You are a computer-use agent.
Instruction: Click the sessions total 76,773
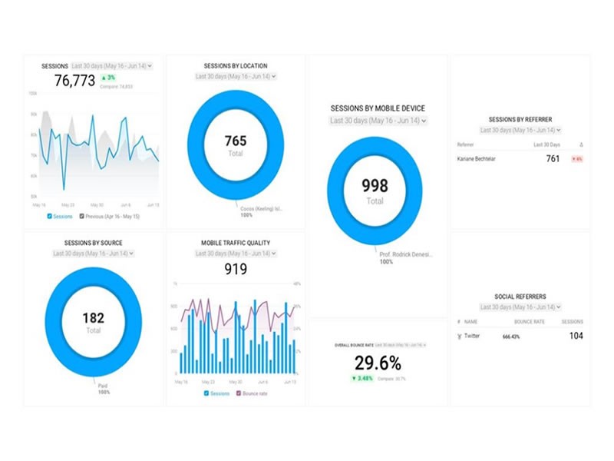(x=75, y=81)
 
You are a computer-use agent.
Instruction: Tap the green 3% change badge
(x=109, y=78)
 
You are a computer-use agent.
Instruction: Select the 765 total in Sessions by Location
(x=235, y=141)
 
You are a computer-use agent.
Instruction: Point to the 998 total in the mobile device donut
(x=375, y=186)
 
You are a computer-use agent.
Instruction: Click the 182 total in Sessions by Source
(x=93, y=317)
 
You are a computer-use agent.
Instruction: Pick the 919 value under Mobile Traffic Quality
(x=235, y=269)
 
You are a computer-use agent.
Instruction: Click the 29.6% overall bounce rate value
(x=378, y=363)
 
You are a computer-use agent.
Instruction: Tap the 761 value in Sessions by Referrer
(x=553, y=159)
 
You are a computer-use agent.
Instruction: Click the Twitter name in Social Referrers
(x=470, y=336)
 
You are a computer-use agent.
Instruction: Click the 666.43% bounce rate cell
(x=512, y=337)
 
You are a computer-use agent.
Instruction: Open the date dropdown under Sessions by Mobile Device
(x=377, y=121)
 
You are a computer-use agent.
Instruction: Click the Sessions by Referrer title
(x=520, y=120)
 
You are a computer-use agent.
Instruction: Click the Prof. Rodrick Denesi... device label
(x=404, y=254)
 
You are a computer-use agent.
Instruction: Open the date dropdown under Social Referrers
(x=520, y=307)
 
